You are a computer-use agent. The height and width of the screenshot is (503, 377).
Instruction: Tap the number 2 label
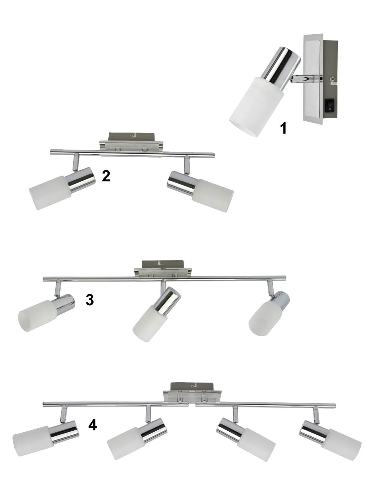106,176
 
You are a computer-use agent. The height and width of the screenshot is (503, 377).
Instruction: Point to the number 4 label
92,425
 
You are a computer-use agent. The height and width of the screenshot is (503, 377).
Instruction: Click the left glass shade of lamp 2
50,193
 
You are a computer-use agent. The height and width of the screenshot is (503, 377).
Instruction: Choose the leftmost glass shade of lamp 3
37,315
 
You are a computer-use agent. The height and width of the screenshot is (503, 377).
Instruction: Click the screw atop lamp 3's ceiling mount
162,264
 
